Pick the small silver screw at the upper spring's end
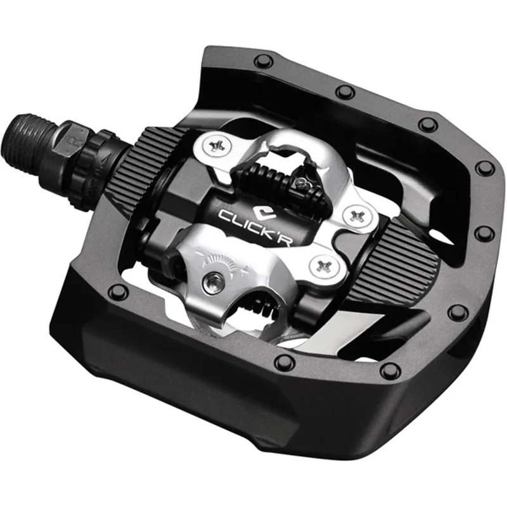pyautogui.click(x=301, y=184)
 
